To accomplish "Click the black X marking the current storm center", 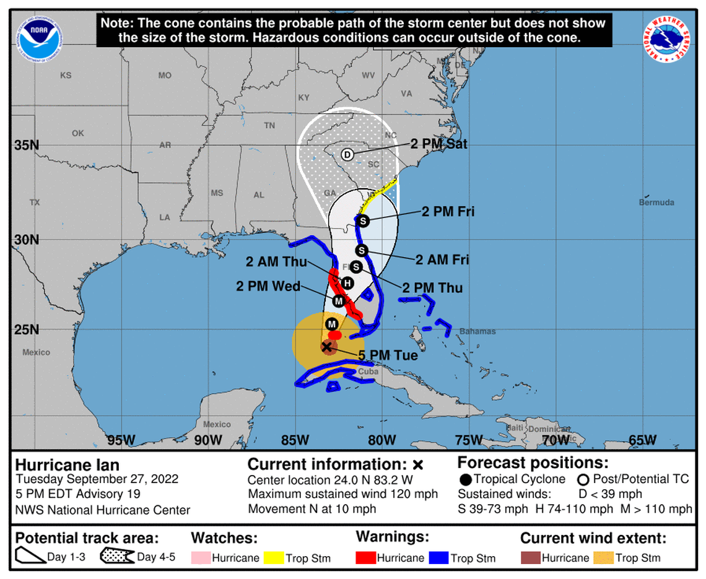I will click(326, 347).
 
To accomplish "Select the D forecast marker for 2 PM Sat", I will click(347, 155).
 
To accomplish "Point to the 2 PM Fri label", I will click(448, 212).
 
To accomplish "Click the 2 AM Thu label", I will click(284, 262).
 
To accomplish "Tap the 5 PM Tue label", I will click(388, 355).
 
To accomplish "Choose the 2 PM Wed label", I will click(268, 286).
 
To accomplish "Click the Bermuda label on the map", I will click(656, 202).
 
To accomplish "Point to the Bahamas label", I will click(478, 331).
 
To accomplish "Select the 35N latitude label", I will click(26, 146).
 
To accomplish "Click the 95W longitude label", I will click(121, 440).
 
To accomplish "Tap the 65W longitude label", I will click(642, 440).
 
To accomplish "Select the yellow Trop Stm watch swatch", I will click(273, 558).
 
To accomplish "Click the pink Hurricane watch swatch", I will click(200, 558).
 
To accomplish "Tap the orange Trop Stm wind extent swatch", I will click(603, 558).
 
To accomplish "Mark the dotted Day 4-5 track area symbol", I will click(118, 557).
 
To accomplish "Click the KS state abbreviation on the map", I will click(66, 76).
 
